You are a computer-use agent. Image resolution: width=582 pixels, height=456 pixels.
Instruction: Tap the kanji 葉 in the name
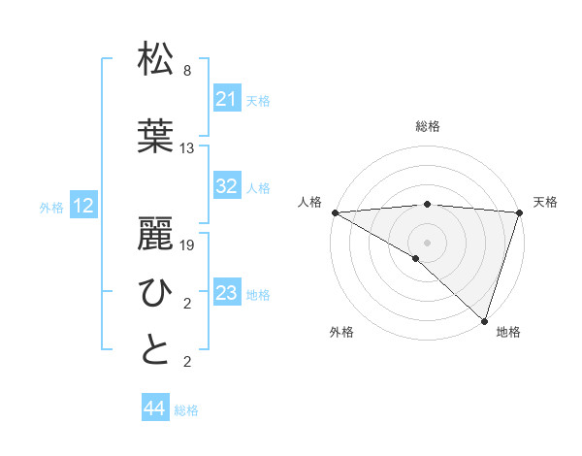156,136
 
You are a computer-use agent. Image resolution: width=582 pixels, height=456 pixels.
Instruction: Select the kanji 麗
156,233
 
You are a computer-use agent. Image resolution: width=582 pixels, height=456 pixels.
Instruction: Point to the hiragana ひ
156,291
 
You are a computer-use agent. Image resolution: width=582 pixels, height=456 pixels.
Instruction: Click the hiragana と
156,349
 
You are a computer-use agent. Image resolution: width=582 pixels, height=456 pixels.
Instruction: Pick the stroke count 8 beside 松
186,71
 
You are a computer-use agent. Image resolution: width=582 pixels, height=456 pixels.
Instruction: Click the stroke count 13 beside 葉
187,148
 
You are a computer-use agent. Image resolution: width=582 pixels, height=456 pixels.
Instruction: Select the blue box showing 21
226,99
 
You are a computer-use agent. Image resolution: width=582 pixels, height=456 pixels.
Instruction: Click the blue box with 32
226,186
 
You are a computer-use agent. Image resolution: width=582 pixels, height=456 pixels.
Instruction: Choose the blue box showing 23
226,293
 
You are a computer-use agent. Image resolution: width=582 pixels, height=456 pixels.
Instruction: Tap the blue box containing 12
83,206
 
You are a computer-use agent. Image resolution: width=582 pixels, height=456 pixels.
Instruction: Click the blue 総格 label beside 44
186,410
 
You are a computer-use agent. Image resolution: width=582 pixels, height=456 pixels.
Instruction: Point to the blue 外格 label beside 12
51,208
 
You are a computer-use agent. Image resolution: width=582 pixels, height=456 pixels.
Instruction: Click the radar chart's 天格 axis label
545,202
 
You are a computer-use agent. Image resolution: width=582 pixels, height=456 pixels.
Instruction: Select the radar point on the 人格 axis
334,212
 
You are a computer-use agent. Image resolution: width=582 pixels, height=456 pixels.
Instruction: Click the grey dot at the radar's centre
427,241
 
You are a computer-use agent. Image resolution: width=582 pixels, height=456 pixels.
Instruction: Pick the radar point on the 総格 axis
427,204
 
